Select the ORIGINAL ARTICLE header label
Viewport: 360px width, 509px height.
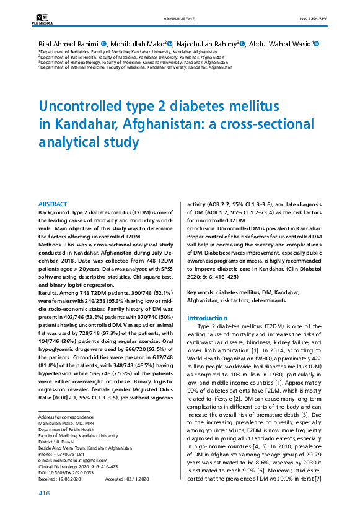click(x=180, y=19)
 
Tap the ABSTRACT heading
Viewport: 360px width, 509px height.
click(x=53, y=204)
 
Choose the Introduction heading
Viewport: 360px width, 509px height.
click(x=207, y=318)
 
